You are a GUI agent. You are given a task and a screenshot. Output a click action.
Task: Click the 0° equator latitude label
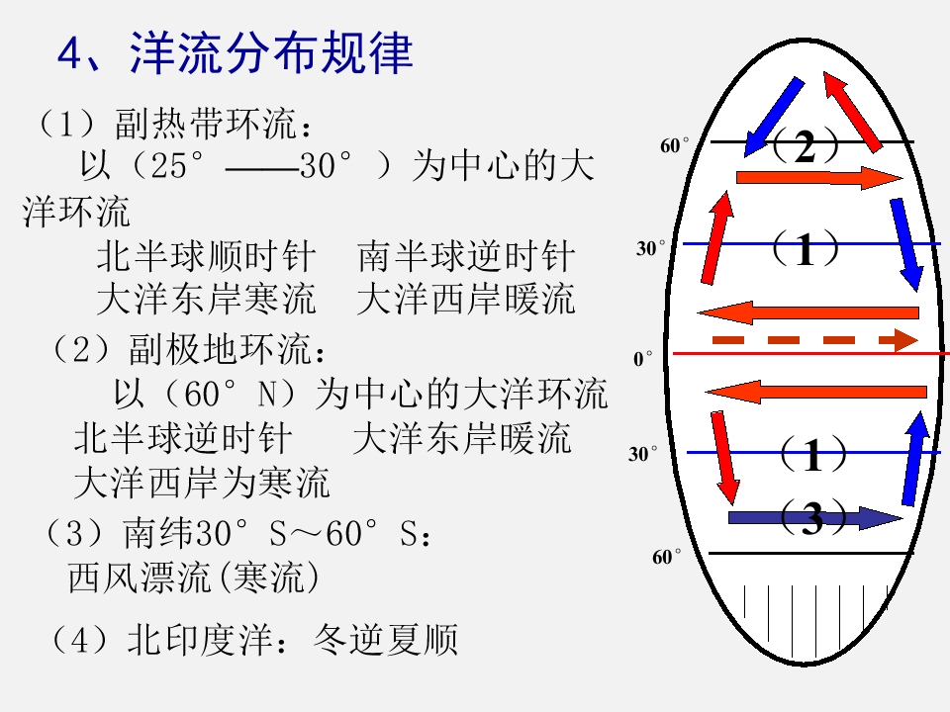643,358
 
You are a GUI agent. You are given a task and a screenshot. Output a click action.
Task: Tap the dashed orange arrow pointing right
814,339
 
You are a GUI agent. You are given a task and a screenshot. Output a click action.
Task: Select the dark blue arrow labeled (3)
814,517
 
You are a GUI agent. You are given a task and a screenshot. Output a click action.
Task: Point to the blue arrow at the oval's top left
774,117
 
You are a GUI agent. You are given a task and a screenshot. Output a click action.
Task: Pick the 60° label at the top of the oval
674,145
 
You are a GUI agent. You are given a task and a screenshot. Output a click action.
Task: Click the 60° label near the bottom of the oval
666,557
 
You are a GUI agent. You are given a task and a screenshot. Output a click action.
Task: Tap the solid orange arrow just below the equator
816,392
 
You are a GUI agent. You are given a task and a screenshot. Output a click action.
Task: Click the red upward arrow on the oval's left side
717,237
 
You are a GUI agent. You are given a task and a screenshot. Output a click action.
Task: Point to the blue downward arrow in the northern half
906,244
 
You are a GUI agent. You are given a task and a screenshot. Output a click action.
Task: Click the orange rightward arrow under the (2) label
819,177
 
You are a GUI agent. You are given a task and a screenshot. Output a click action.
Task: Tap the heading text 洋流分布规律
271,53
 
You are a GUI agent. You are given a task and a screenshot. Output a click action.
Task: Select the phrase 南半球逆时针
466,256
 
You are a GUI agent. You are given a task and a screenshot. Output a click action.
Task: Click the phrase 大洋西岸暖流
466,299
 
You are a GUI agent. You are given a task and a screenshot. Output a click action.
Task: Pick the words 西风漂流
139,577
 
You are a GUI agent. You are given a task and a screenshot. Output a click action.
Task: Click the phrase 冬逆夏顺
386,640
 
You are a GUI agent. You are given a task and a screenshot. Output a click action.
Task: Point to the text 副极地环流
219,349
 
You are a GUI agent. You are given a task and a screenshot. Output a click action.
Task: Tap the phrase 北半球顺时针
206,256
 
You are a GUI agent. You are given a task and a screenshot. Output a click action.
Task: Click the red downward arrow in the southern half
725,458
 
